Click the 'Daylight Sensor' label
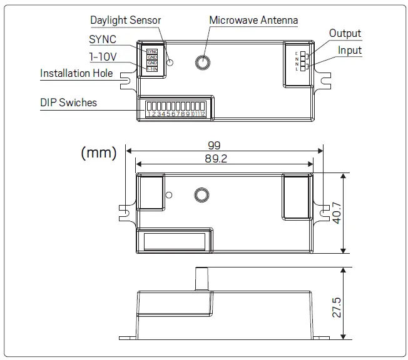(x=125, y=20)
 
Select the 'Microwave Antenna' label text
(x=253, y=20)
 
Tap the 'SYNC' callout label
(x=103, y=39)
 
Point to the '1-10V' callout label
(x=104, y=56)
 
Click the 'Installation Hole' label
(x=76, y=73)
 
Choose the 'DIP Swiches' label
(x=68, y=102)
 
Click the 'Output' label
(x=345, y=34)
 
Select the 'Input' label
(x=350, y=50)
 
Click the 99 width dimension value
(x=223, y=144)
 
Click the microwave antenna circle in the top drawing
(x=203, y=62)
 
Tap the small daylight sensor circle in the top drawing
(x=169, y=62)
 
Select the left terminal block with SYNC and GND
(x=152, y=60)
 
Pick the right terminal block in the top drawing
(x=297, y=60)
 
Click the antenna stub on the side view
(x=202, y=278)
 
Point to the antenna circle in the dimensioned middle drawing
(x=200, y=194)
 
